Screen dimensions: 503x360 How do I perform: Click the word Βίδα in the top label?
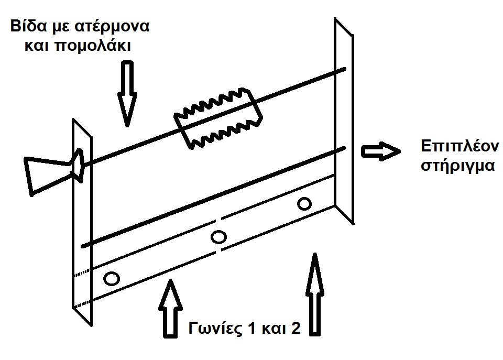[x=29, y=26]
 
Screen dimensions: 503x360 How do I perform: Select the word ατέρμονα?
[x=112, y=27]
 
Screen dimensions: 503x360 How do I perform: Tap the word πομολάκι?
[x=93, y=46]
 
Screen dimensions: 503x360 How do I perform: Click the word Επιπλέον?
[x=460, y=147]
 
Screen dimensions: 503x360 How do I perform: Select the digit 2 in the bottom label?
[x=296, y=328]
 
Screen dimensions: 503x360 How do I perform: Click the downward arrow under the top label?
[x=127, y=93]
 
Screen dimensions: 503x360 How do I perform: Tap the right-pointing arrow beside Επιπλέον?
[x=381, y=151]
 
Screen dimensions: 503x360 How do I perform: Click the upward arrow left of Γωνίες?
[x=170, y=309]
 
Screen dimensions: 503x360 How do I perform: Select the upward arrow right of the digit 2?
[x=315, y=294]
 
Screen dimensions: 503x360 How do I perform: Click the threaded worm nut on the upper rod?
[x=218, y=118]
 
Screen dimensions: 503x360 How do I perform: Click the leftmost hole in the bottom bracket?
[x=112, y=278]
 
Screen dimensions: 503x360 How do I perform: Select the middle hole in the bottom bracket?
[x=218, y=237]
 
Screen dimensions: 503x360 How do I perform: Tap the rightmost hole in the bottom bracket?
[x=304, y=204]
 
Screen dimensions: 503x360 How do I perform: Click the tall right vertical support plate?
[x=344, y=121]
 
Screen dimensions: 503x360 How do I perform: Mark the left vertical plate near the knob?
[x=82, y=222]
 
